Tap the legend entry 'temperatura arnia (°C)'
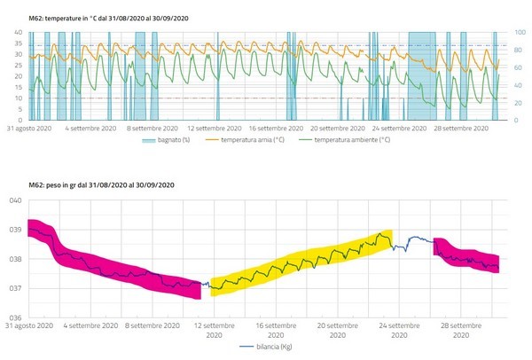pos(252,140)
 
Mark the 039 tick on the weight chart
pos(15,230)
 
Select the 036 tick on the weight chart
pos(15,317)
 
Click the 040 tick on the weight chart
pos(15,200)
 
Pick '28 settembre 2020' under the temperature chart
pos(464,128)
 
